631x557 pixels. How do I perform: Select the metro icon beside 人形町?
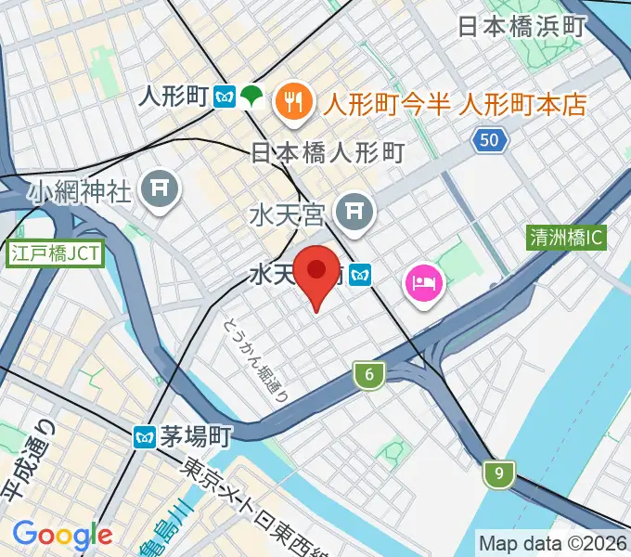point(224,96)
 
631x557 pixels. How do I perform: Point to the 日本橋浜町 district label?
point(522,26)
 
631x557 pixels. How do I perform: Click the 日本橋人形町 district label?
point(328,152)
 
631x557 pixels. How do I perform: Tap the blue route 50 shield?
point(489,140)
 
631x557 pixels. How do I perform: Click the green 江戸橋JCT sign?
point(55,252)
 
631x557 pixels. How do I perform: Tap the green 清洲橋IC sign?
point(565,238)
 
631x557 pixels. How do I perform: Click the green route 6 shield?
point(369,375)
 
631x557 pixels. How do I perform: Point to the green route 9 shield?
point(499,474)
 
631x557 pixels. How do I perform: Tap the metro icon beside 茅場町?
point(145,435)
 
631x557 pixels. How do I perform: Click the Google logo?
point(62,534)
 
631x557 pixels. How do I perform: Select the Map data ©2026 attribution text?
point(552,542)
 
